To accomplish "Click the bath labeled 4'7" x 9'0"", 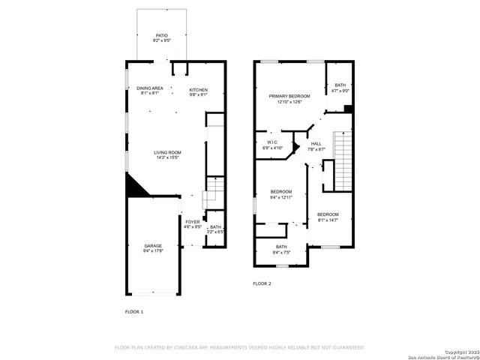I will coord(340,88).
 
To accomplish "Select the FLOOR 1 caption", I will coord(133,310).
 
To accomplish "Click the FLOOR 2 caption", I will coord(262,283).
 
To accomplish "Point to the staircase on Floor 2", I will coord(343,160).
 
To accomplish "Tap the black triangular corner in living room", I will coord(133,185).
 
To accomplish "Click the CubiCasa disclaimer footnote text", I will coord(239,347).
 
